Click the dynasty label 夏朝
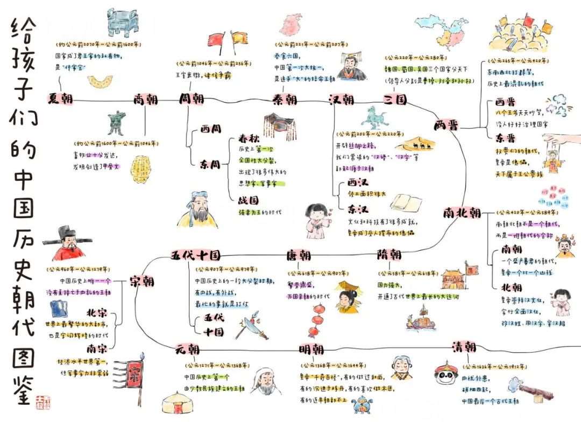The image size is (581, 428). point(60,100)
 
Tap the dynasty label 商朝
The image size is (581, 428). point(145,100)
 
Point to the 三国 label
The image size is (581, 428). point(395,100)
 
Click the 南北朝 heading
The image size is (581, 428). point(462,213)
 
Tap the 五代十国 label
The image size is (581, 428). point(195,255)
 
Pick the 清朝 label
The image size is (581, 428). point(463,346)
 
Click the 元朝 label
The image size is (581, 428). point(187,349)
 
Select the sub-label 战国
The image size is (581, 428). point(242,200)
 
